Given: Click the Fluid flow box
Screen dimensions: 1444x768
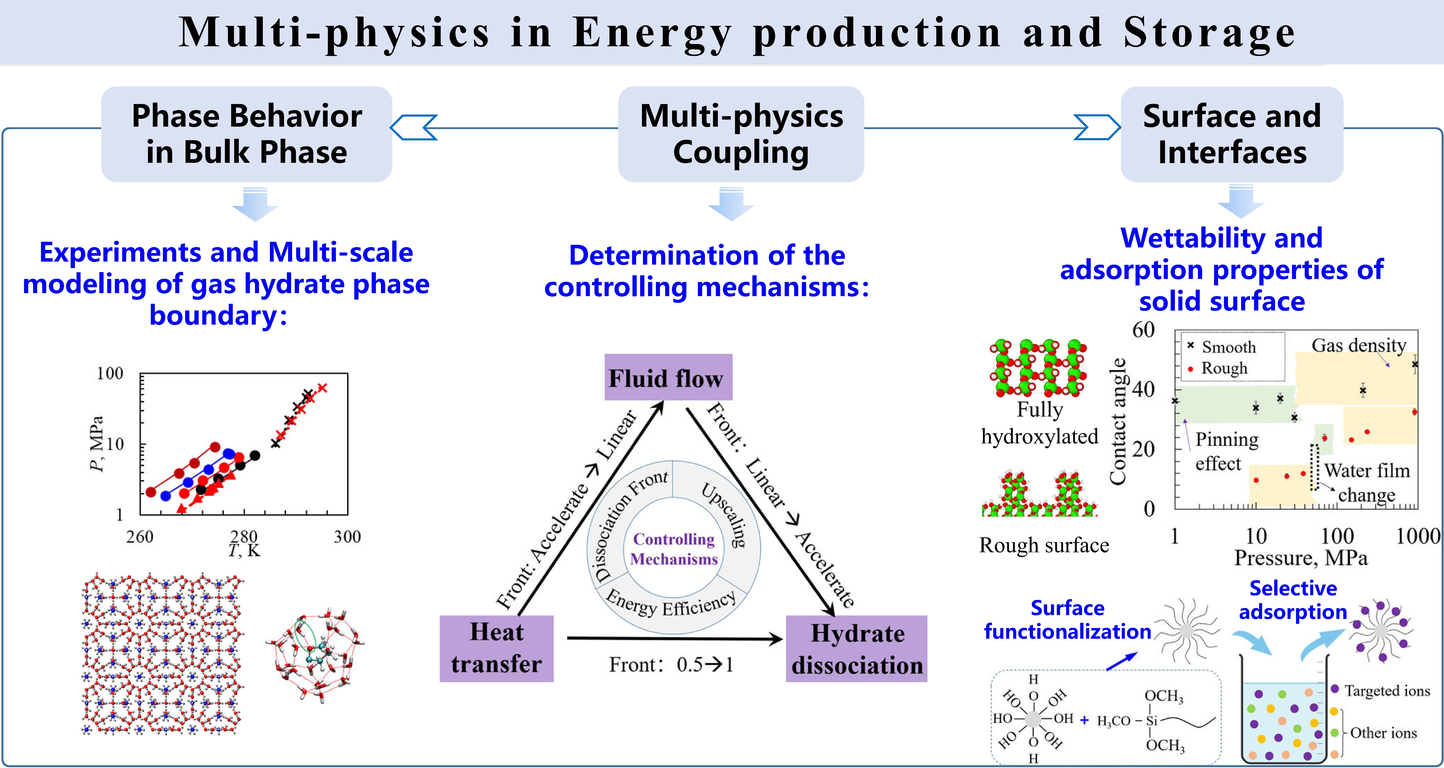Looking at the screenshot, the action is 668,377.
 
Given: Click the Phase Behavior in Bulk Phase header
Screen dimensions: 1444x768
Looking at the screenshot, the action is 247,134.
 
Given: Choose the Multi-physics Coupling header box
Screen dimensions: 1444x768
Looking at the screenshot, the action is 741,134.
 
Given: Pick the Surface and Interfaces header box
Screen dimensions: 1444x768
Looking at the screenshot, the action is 1232,134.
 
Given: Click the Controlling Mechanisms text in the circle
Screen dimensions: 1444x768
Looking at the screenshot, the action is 674,549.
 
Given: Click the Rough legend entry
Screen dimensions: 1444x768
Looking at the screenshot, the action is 1217,368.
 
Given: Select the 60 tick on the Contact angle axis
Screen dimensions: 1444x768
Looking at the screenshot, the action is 1144,330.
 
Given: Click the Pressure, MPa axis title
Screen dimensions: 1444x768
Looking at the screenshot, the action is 1301,558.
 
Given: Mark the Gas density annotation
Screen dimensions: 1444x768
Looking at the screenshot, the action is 1359,345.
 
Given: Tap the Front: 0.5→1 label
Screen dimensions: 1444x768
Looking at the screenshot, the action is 671,665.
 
